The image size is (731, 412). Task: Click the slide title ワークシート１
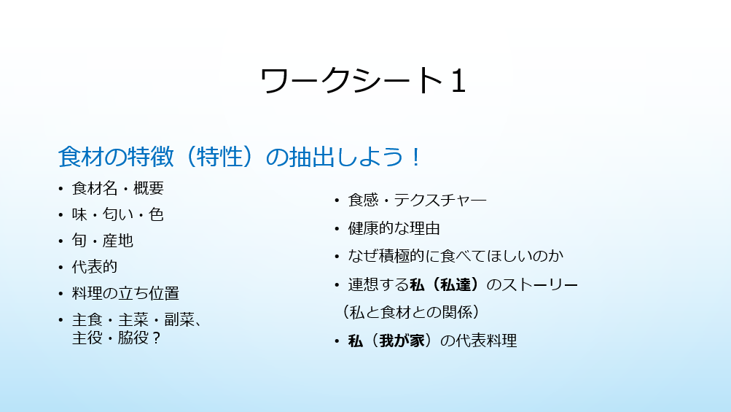click(x=363, y=80)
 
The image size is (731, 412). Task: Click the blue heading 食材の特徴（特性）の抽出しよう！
click(x=240, y=156)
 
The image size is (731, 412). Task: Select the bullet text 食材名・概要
click(x=118, y=188)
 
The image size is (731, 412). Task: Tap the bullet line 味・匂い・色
click(x=118, y=214)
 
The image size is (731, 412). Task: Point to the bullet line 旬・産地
click(x=103, y=241)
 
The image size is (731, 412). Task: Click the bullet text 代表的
click(x=95, y=267)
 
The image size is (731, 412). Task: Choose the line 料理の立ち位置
click(x=125, y=293)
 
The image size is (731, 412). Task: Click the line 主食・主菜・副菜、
click(x=137, y=319)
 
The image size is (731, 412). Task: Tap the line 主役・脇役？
click(x=117, y=338)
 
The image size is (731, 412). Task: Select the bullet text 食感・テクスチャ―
click(x=418, y=201)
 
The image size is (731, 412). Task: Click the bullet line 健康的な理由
click(x=394, y=228)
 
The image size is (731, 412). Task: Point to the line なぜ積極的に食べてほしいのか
click(x=456, y=256)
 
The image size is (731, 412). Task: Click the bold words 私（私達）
click(x=445, y=284)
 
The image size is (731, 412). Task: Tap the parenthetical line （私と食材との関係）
click(x=411, y=312)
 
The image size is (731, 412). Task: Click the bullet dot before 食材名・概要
click(x=60, y=189)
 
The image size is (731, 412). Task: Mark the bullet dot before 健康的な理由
click(x=337, y=229)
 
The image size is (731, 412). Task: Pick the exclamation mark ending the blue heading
click(x=416, y=157)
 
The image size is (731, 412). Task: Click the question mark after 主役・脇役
click(x=156, y=338)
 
